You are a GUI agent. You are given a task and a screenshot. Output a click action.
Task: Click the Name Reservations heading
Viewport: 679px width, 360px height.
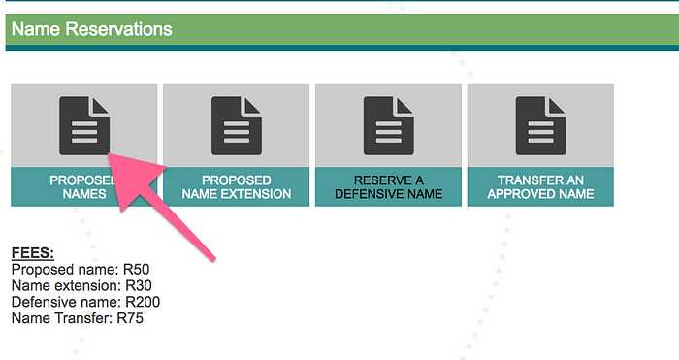pos(92,29)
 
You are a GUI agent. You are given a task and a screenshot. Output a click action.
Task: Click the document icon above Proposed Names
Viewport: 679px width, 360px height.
pos(84,125)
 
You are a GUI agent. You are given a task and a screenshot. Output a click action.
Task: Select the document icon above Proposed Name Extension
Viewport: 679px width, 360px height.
pos(237,125)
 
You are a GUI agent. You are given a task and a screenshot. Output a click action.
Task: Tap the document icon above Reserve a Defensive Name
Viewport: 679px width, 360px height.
pos(388,125)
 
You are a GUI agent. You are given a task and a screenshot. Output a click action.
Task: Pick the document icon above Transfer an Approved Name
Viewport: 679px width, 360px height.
pos(540,125)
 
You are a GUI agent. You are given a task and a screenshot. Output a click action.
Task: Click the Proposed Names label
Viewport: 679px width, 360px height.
pos(84,186)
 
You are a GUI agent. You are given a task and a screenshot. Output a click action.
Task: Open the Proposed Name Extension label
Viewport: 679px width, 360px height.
pos(237,186)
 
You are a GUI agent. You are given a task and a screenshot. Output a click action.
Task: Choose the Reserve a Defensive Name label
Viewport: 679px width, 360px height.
pos(388,186)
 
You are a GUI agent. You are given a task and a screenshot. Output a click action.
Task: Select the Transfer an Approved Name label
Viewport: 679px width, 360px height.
pos(540,186)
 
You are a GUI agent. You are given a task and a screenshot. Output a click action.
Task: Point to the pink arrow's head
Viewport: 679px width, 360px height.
pos(108,153)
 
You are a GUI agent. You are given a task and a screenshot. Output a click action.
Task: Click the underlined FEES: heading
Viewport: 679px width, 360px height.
pos(33,253)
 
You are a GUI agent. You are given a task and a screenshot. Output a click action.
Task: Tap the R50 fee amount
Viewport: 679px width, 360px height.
pos(136,270)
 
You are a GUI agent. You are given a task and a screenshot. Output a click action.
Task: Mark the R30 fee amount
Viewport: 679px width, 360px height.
pos(139,286)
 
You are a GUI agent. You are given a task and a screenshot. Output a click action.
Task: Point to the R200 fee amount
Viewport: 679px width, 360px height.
pos(143,302)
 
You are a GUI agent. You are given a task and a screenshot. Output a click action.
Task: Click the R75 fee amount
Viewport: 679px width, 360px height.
pos(130,318)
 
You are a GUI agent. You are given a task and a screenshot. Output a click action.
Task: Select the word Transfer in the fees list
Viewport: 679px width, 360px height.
pos(81,318)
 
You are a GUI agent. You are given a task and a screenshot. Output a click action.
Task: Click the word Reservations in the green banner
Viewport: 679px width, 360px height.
pos(118,29)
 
